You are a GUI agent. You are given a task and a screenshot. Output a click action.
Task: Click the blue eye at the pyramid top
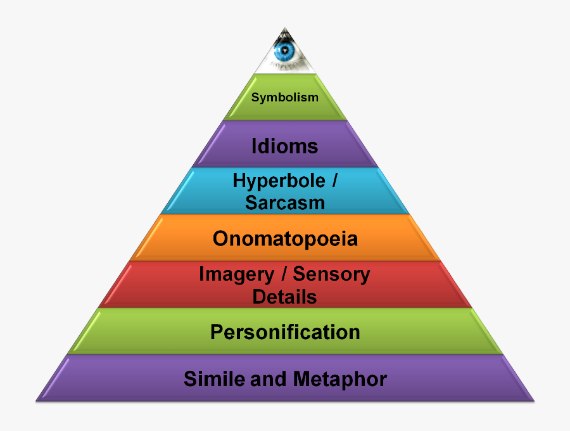pos(286,52)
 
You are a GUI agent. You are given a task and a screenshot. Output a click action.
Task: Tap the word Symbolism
pos(285,98)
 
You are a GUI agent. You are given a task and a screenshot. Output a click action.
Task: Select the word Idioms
pos(285,146)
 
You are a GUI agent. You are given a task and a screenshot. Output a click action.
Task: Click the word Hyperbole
pos(278,181)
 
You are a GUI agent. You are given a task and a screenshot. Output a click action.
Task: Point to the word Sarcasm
pos(285,203)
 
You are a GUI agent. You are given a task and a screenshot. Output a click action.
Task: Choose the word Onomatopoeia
pos(285,239)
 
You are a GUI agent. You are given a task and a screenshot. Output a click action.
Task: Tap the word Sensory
pos(332,274)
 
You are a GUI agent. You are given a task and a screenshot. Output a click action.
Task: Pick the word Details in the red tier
pos(285,297)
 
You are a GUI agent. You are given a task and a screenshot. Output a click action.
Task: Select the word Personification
pos(285,332)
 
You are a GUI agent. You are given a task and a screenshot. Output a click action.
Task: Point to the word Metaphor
pos(339,379)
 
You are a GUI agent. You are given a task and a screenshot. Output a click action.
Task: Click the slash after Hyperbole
pos(333,181)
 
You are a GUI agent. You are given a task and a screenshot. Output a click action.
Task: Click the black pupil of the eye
pos(286,50)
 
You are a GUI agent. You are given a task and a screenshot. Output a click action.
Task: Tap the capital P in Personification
pos(217,332)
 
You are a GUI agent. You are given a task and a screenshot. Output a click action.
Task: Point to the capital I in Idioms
pos(255,146)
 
